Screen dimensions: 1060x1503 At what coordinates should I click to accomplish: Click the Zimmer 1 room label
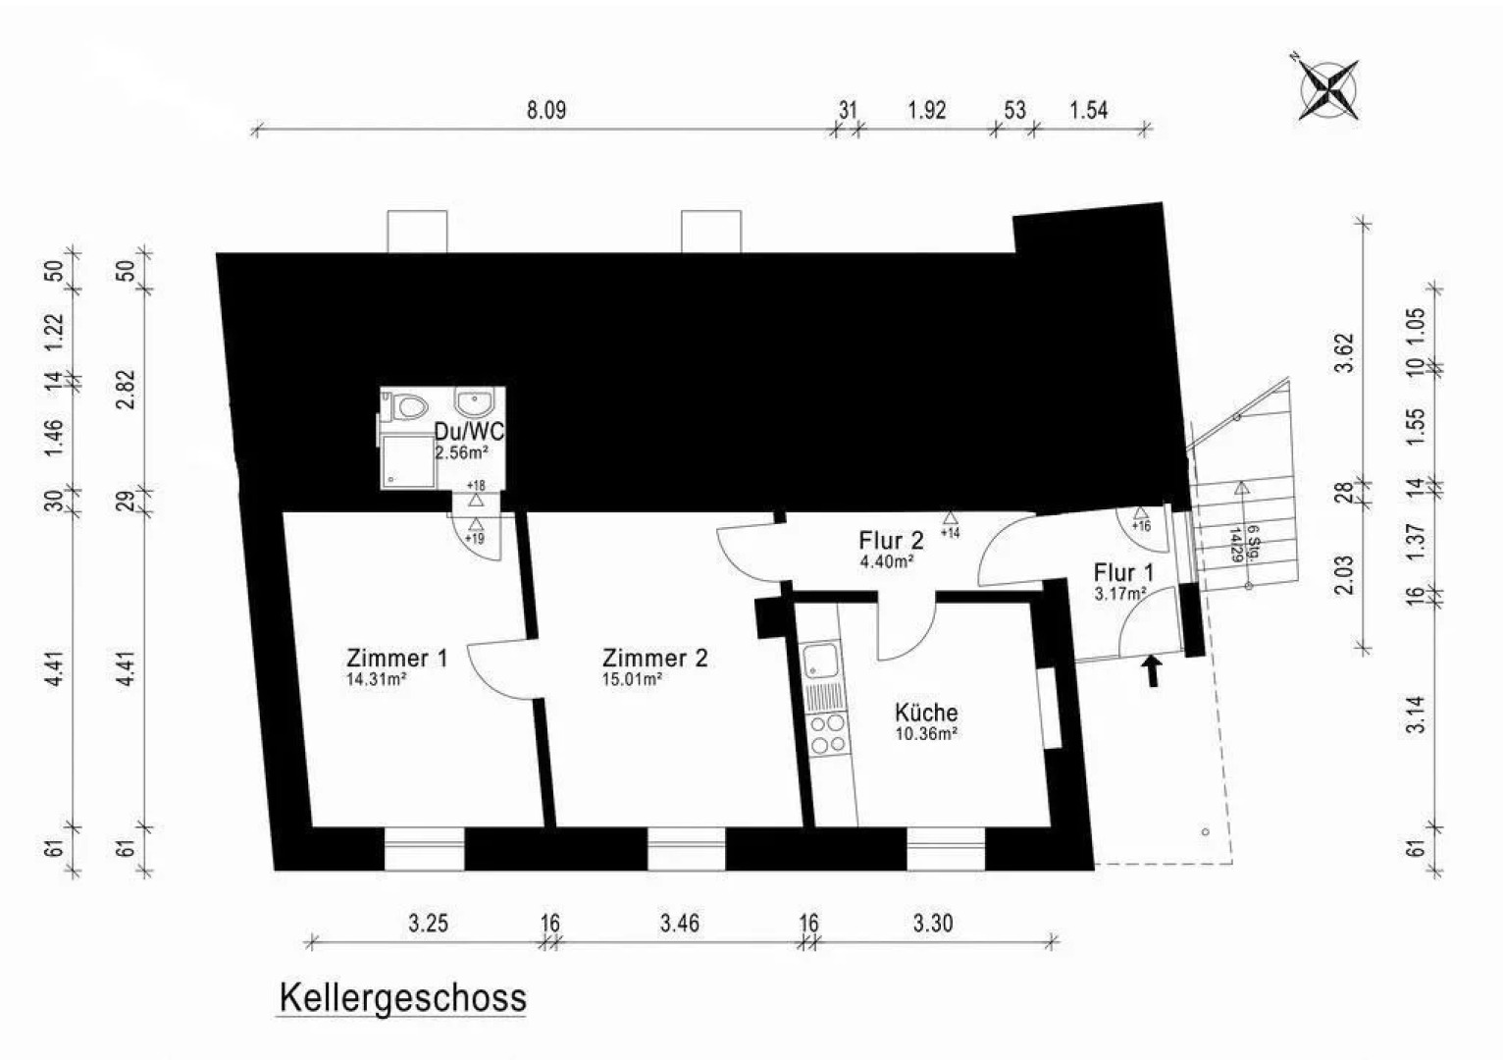point(396,658)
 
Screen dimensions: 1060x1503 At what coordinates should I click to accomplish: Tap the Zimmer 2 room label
point(654,658)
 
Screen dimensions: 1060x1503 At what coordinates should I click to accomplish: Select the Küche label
point(925,713)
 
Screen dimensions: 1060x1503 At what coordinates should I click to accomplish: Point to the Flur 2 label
point(891,540)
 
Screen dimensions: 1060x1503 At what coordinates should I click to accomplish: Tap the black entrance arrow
point(1153,671)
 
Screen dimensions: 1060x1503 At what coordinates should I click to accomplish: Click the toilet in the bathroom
point(408,405)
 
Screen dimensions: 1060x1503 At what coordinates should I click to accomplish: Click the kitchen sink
point(820,661)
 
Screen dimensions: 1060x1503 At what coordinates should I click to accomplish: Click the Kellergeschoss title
point(402,998)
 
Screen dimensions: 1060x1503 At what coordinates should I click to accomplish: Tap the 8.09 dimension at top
point(546,109)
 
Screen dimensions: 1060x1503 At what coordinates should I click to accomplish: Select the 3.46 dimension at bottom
point(680,923)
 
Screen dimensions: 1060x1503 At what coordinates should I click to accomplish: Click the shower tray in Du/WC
point(406,460)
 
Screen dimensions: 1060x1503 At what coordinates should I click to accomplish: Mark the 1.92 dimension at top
point(927,109)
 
